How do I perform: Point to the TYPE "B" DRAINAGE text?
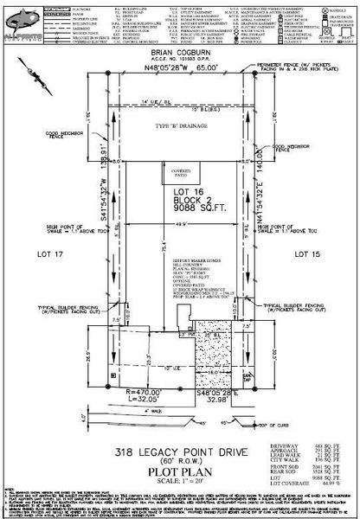[x=180, y=126]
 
